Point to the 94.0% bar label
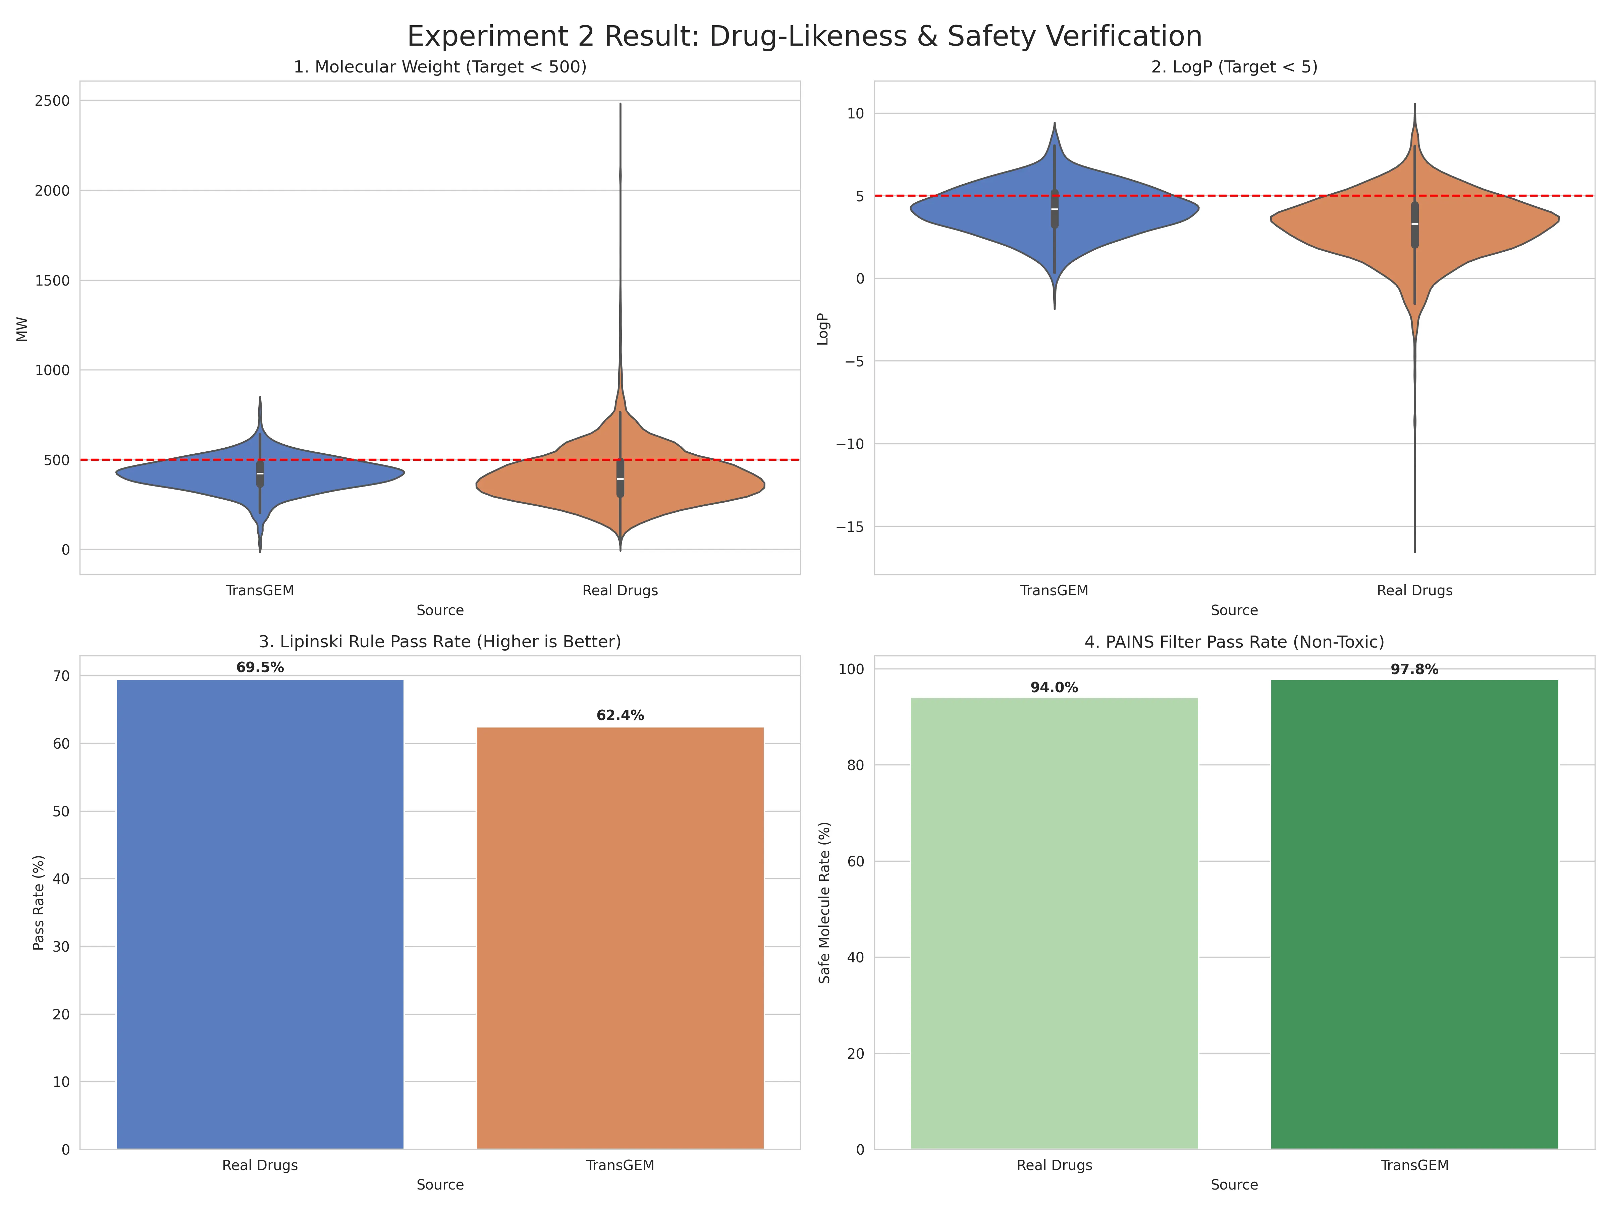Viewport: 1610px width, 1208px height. [x=1054, y=687]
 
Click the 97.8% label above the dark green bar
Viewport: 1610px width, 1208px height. [x=1414, y=669]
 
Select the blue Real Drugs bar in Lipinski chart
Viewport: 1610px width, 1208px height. [x=260, y=910]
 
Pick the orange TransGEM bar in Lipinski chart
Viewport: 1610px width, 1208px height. [x=620, y=939]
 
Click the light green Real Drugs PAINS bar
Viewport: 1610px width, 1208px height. [x=1054, y=925]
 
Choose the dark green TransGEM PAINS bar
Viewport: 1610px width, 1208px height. [x=1414, y=910]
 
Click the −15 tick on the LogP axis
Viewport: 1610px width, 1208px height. [x=850, y=526]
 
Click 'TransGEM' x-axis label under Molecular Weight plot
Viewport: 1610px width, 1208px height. [x=260, y=591]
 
